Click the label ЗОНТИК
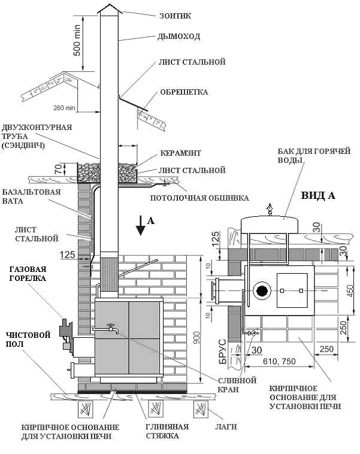pyautogui.click(x=176, y=16)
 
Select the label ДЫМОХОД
pyautogui.click(x=179, y=37)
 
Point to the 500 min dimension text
pyautogui.click(x=77, y=41)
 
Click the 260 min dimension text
pyautogui.click(x=64, y=108)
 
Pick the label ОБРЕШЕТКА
pyautogui.click(x=184, y=92)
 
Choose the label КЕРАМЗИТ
pyautogui.click(x=181, y=153)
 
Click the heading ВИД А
pyautogui.click(x=318, y=196)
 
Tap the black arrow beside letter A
pyautogui.click(x=141, y=225)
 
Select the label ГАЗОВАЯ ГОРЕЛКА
pyautogui.click(x=28, y=274)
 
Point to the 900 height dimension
pyautogui.click(x=196, y=341)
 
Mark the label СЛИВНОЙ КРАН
pyautogui.click(x=237, y=385)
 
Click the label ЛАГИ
pyautogui.click(x=226, y=427)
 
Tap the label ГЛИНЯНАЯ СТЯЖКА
pyautogui.click(x=167, y=431)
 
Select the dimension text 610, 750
pyautogui.click(x=279, y=361)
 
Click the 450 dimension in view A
pyautogui.click(x=350, y=290)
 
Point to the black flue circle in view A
pyautogui.click(x=262, y=290)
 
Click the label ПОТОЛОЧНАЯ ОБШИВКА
pyautogui.click(x=199, y=198)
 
